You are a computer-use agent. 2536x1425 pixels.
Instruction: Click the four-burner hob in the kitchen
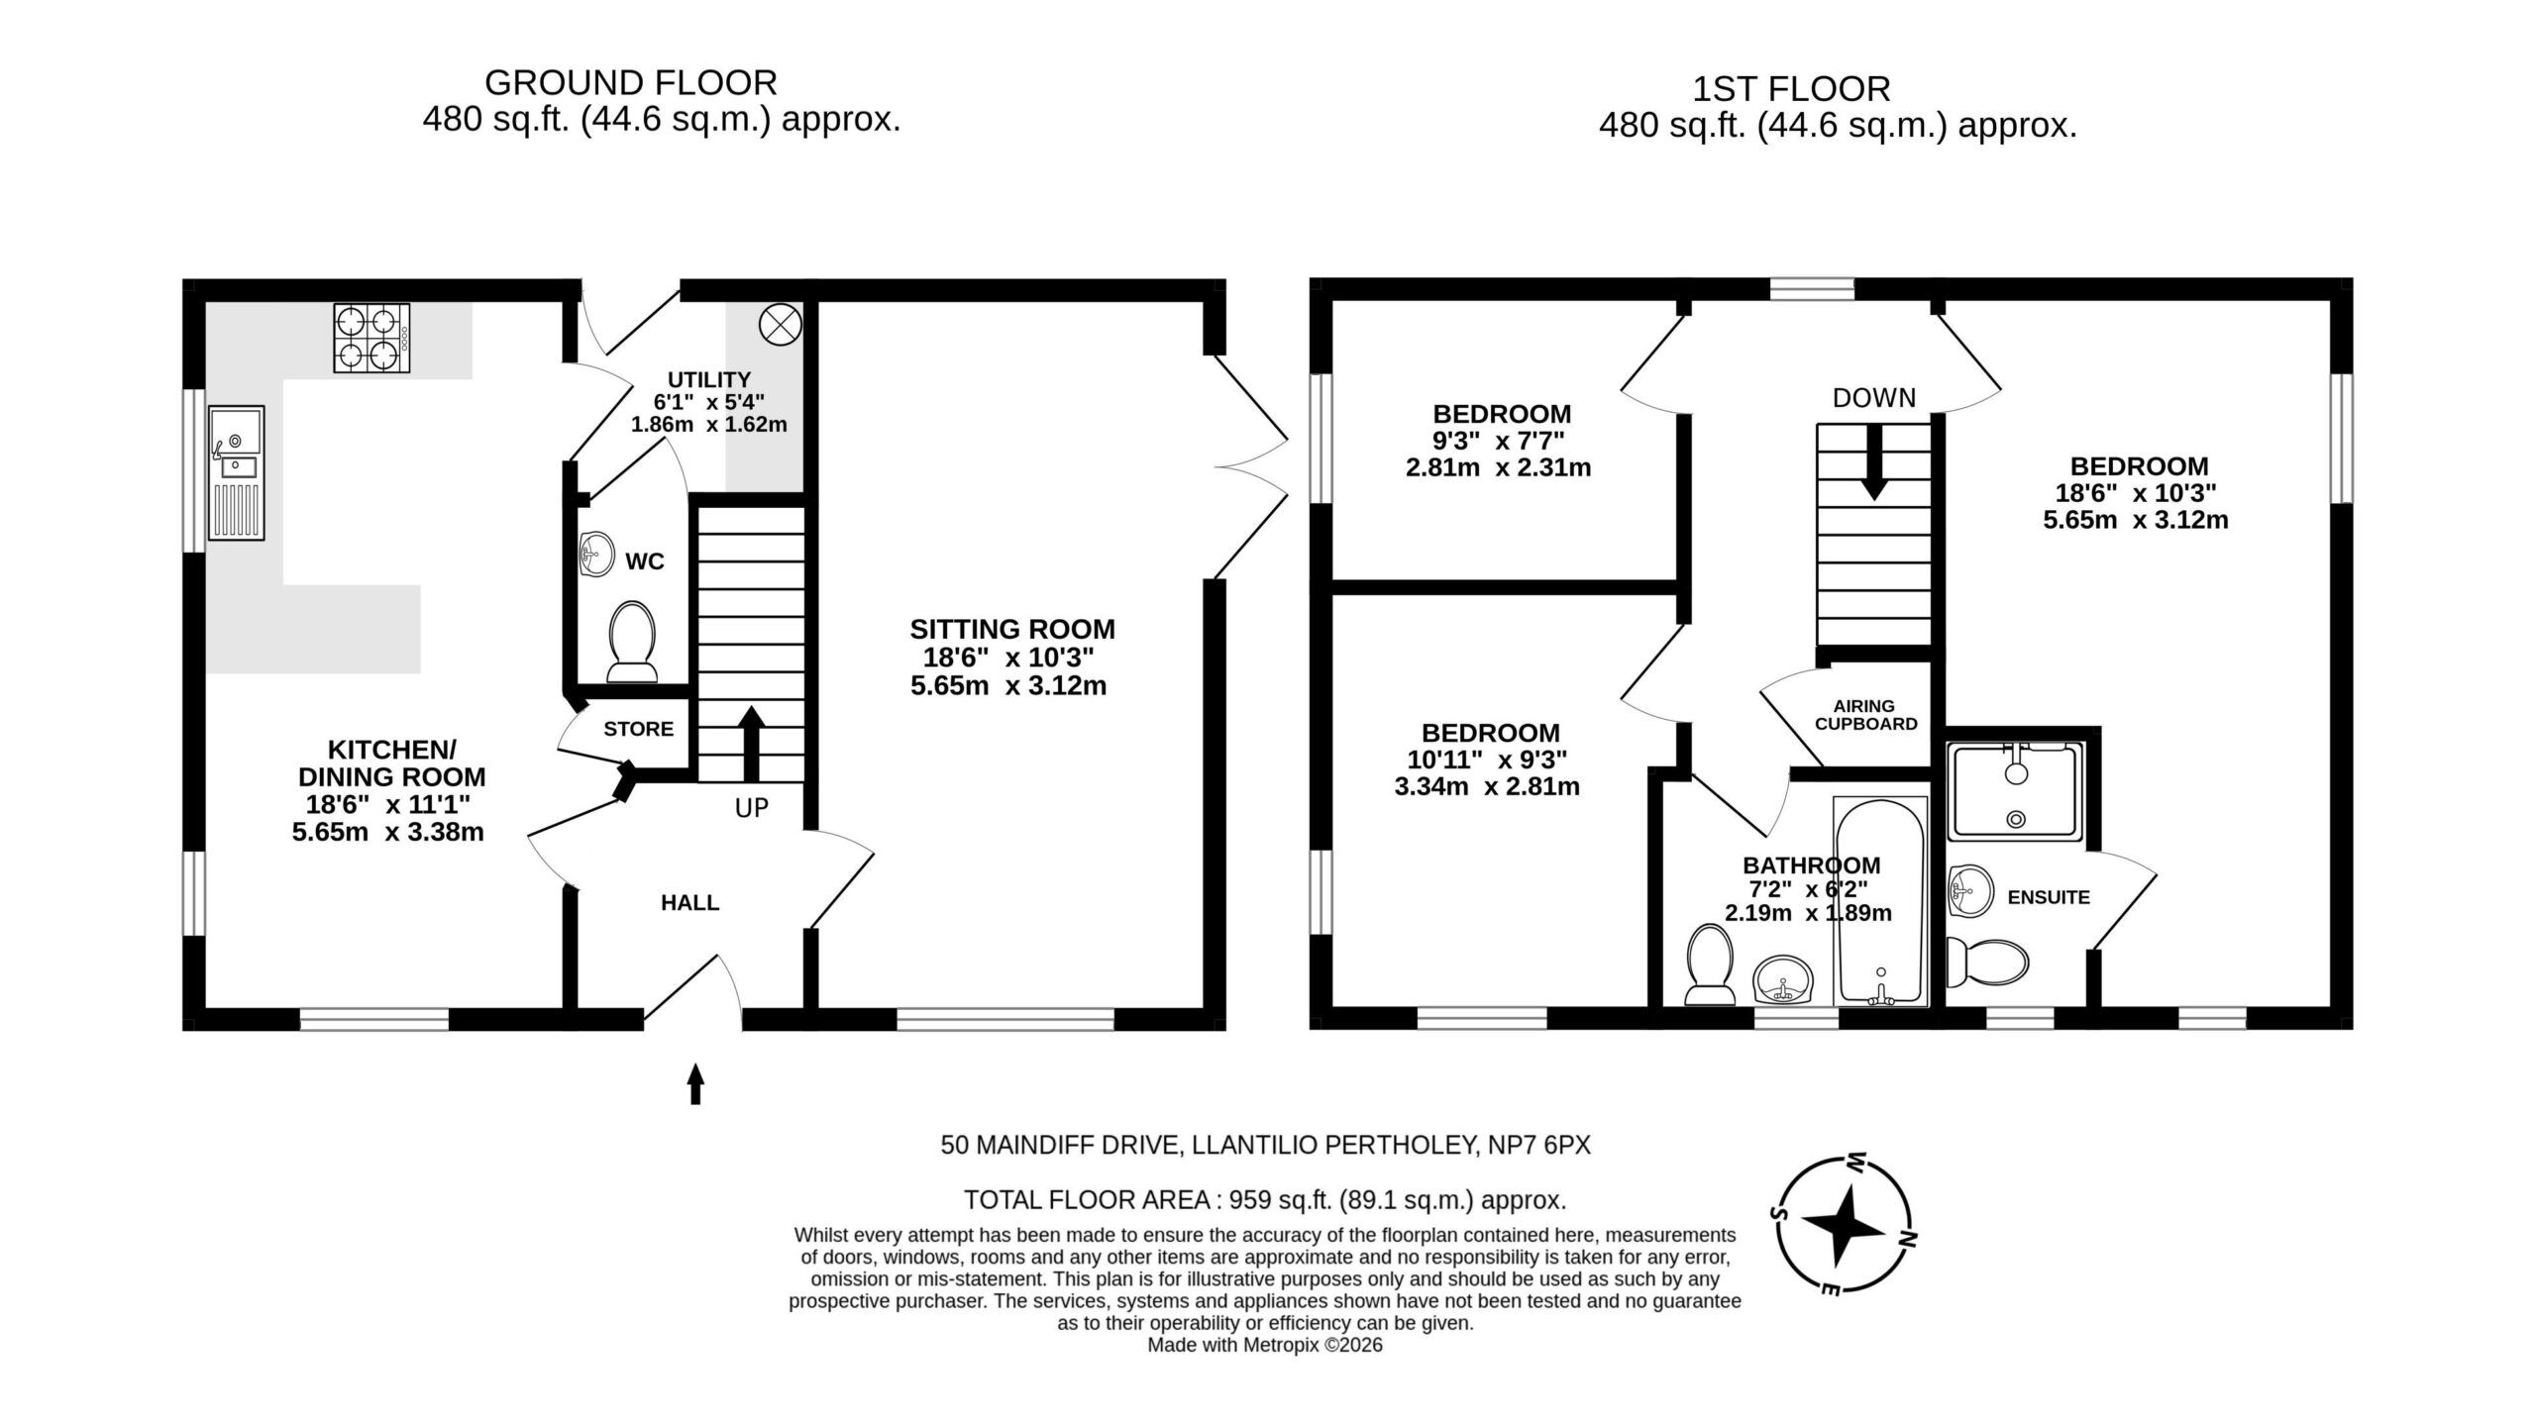(372, 338)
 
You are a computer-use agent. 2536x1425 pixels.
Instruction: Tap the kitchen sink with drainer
(237, 472)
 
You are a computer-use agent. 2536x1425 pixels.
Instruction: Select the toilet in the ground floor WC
(632, 642)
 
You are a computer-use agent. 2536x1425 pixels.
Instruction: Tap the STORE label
(639, 729)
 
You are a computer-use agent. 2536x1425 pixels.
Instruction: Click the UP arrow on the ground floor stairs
(752, 743)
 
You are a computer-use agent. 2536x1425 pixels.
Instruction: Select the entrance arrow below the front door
(695, 1083)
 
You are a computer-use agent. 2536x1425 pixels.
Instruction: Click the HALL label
(690, 903)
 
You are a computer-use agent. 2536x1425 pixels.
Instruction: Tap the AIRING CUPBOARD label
(1865, 715)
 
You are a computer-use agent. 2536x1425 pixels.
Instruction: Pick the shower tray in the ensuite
(2015, 791)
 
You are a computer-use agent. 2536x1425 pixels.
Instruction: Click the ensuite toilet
(1987, 963)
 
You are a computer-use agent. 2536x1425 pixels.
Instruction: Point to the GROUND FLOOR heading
(631, 82)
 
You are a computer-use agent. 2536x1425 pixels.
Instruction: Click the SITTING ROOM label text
(1012, 630)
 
